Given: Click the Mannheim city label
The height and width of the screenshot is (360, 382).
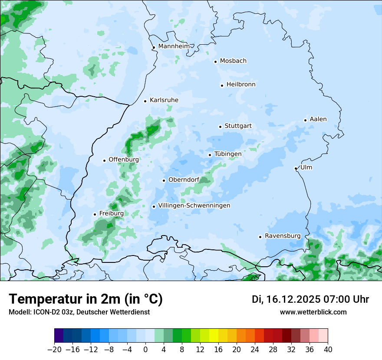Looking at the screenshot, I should [174, 46].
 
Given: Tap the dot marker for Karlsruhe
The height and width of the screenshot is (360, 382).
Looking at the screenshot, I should [145, 101].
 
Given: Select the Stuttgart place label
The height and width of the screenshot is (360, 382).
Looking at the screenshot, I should [238, 126].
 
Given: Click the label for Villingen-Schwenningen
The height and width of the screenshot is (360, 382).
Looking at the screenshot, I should [194, 206].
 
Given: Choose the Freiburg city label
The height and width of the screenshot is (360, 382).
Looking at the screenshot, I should [112, 213].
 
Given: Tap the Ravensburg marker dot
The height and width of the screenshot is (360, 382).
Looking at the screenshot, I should [260, 237].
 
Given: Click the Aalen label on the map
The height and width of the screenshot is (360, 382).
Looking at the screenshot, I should [318, 119].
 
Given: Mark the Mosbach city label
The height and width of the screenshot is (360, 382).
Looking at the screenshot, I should [233, 61].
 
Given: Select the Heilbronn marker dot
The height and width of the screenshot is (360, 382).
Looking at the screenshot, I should [222, 85].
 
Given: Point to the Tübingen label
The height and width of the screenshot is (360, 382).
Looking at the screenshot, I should [228, 154].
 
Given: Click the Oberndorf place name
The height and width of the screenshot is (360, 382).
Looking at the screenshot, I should [184, 180].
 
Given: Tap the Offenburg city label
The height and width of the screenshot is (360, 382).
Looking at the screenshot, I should [124, 160].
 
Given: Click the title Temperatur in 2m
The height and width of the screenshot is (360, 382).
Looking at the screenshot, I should [86, 299].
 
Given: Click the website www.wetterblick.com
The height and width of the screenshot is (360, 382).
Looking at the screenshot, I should [313, 312].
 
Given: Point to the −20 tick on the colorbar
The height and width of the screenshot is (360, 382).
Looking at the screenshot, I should [54, 350].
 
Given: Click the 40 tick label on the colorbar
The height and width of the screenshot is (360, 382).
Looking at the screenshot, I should [328, 350].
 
